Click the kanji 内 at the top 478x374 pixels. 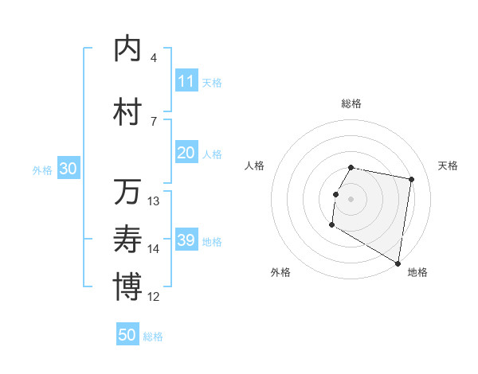tap(127, 49)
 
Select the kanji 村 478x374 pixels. tap(127, 112)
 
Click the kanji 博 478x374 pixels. tap(127, 287)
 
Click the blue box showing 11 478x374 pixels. tap(186, 81)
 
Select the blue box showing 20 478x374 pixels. tap(186, 154)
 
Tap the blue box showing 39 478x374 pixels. tap(186, 241)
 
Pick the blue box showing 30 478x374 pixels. tap(68, 169)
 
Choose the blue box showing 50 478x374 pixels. tap(127, 335)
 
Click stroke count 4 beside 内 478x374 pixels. tap(154, 58)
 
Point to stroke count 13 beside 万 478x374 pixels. tap(154, 201)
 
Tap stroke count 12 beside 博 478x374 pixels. tap(154, 297)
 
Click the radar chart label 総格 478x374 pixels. tap(351, 103)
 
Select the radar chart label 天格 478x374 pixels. tap(449, 166)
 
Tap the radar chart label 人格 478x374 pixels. tap(255, 166)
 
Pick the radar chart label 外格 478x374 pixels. tap(280, 272)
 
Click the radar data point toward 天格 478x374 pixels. tap(411, 180)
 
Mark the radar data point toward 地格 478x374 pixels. tap(398, 263)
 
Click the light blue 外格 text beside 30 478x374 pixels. tap(41, 170)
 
